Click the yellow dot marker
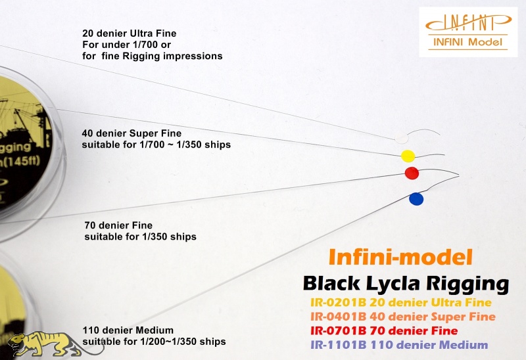[x=408, y=156]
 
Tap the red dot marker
[x=412, y=173]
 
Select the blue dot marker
[x=416, y=199]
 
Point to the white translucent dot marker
[x=400, y=139]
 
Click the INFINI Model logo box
[x=468, y=32]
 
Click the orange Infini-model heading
[x=400, y=257]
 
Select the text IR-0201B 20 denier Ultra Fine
[x=401, y=303]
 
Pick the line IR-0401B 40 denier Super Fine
[x=403, y=317]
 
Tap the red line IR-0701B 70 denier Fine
[x=384, y=331]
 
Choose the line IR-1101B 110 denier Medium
[x=399, y=345]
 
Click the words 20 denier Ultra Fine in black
[x=129, y=34]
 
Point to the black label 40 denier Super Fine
[x=131, y=133]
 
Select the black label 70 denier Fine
[x=118, y=225]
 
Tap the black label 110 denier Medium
[x=128, y=330]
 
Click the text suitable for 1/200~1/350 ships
[x=154, y=342]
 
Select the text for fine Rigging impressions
[x=153, y=56]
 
